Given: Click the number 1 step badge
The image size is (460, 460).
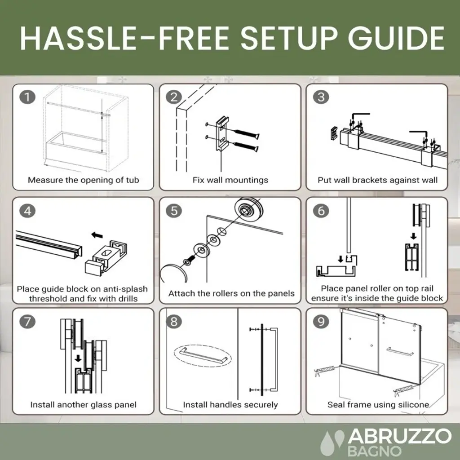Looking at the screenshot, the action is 27,97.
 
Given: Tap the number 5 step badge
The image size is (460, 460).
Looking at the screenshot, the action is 174,211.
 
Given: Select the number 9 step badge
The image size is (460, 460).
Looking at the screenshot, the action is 321,322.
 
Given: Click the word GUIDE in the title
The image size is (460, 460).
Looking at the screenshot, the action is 396,39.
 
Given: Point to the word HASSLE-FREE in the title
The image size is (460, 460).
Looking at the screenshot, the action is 125,39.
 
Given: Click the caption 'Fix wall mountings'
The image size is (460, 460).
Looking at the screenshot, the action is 230,180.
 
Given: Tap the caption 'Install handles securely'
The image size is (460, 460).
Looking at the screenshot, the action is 230,405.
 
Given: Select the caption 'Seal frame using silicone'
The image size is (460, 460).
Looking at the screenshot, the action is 378,405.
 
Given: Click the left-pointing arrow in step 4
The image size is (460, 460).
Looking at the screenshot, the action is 97,235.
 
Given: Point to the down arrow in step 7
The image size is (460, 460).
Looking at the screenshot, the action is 78,358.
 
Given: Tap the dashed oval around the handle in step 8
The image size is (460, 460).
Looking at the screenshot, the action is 203,355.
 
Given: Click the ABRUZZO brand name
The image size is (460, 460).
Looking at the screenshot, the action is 399,436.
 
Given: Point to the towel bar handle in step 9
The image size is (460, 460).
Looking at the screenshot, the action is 400,351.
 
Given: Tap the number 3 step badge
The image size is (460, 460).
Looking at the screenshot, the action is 321,97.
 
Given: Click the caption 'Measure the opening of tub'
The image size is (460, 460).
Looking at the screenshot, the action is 83,180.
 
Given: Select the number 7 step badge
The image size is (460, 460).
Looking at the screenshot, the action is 27,322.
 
